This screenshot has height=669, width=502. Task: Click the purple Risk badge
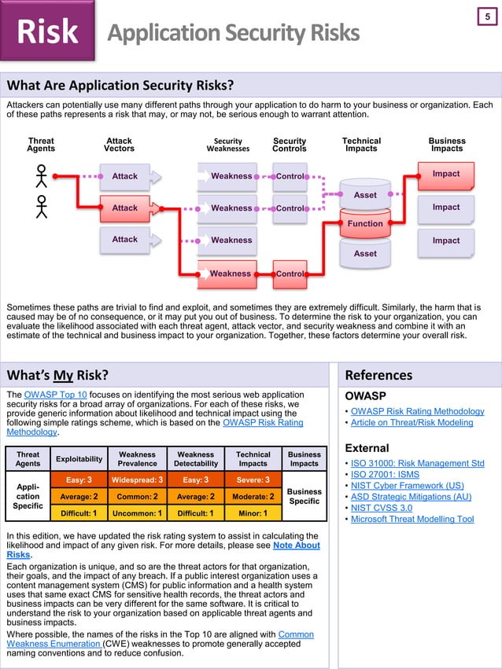[47, 31]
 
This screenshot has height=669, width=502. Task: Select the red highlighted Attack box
[125, 208]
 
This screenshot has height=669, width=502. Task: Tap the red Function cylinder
[365, 223]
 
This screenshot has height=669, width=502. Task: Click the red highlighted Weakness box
[231, 274]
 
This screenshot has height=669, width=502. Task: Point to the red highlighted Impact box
[446, 175]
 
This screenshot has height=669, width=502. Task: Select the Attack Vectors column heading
[119, 145]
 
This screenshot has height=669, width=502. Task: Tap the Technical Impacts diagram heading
[361, 145]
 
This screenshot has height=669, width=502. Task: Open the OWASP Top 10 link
[56, 394]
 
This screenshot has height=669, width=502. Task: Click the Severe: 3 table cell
[253, 480]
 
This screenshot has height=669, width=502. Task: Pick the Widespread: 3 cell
[138, 480]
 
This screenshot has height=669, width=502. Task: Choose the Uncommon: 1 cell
[138, 513]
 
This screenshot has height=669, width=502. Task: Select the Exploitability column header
[79, 458]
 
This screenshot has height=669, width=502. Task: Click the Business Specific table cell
[305, 496]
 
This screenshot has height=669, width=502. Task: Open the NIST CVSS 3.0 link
[381, 508]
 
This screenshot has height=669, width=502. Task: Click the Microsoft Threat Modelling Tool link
[412, 519]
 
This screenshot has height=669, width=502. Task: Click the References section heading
[378, 375]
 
